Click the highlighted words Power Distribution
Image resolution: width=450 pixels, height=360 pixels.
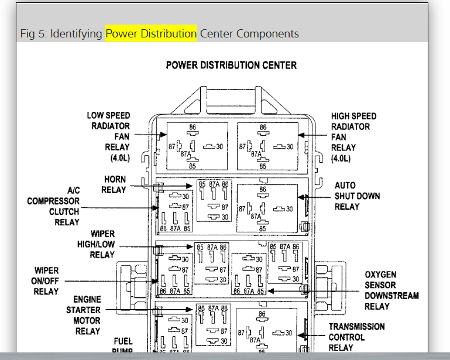coord(151,33)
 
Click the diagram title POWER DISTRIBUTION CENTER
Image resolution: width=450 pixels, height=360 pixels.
coord(231,65)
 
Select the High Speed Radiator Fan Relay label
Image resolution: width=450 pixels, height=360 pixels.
coord(353,137)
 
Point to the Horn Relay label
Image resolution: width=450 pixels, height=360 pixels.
coord(114,184)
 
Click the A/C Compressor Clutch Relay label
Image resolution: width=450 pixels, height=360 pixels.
coord(53,206)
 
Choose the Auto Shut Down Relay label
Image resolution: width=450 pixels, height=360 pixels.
coord(356,196)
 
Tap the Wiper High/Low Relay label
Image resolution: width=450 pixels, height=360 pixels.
coord(96,244)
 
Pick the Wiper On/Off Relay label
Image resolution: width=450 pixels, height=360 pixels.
coord(47,280)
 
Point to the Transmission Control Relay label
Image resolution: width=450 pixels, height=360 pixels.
coord(356,337)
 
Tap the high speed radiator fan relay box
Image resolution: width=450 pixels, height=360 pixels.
coord(267,146)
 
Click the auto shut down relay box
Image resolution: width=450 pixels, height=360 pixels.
coord(267,208)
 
